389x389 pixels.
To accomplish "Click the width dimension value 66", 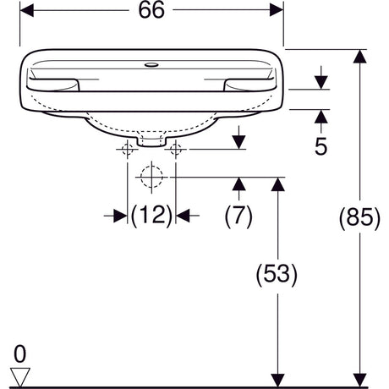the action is click(151, 10).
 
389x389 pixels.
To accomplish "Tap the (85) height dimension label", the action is click(359, 217).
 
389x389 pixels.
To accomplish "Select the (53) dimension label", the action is click(277, 274).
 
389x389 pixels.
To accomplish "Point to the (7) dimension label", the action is click(238, 216).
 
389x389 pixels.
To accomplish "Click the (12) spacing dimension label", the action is click(151, 216).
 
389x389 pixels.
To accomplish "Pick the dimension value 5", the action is click(321, 146).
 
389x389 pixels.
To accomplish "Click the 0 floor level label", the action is click(19, 354).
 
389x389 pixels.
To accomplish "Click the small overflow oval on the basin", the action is click(151, 65).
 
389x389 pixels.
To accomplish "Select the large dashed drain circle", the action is click(151, 178).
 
